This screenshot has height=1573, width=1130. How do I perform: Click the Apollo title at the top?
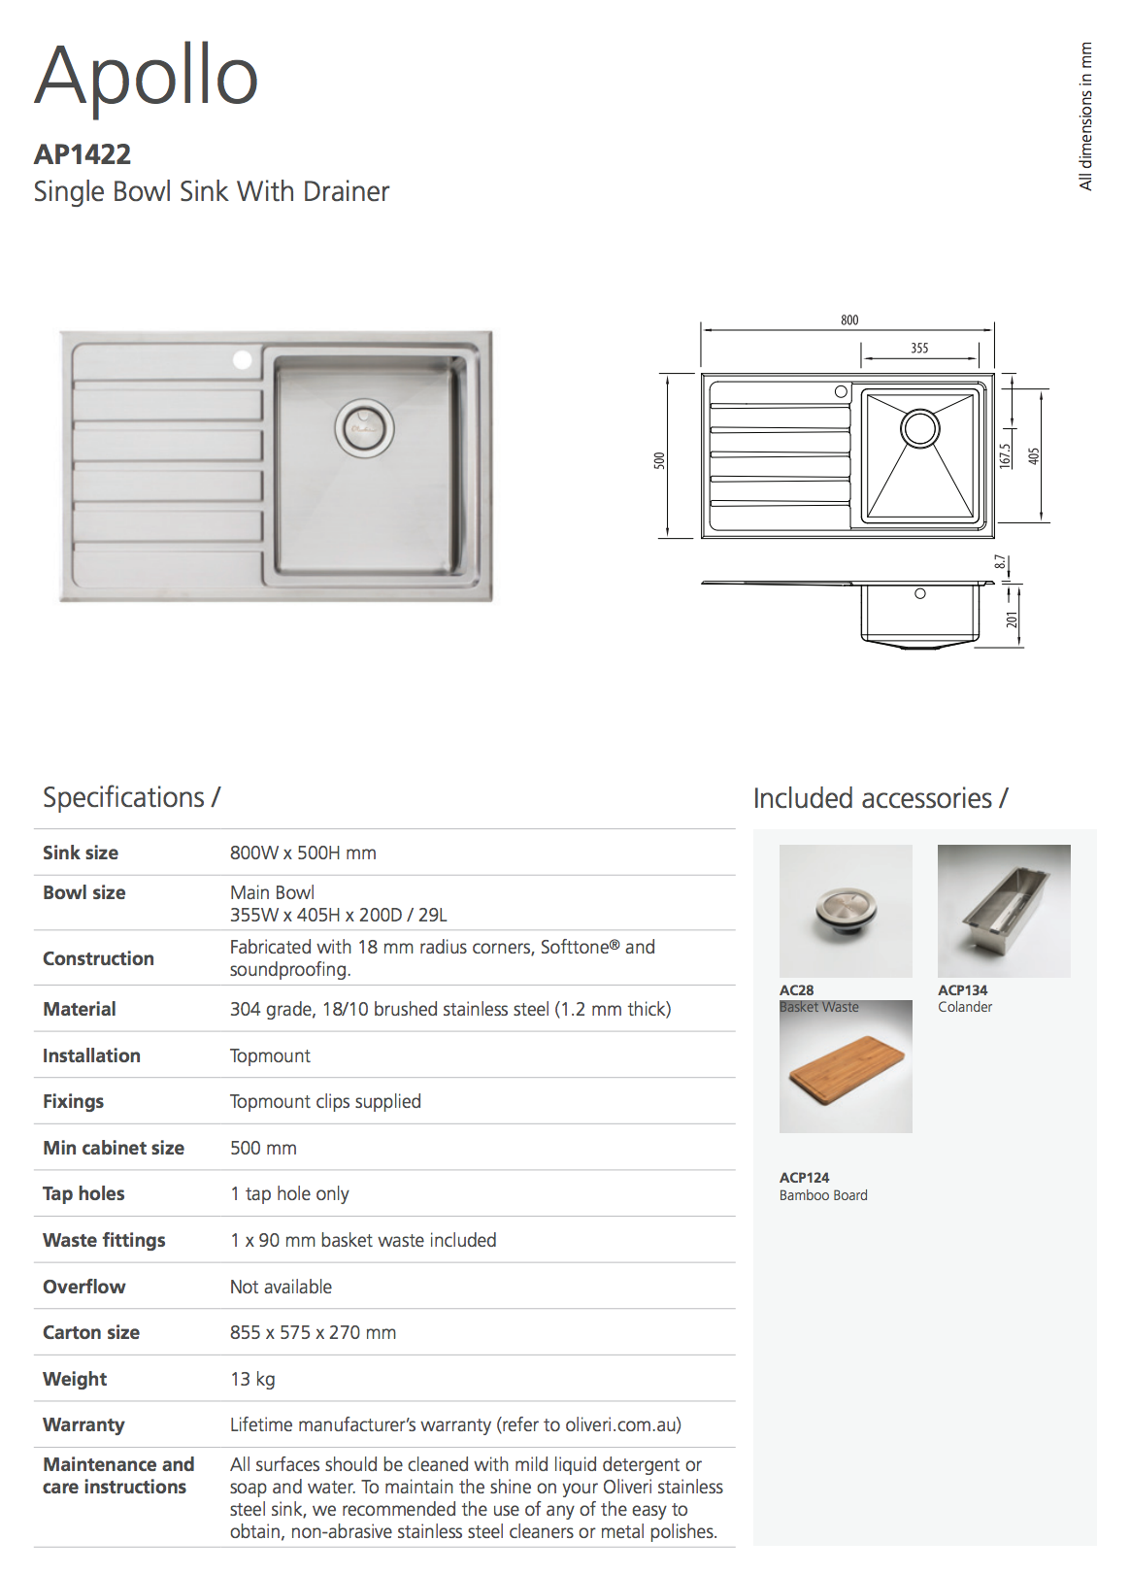click(x=147, y=75)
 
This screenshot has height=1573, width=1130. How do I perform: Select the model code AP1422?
click(x=83, y=154)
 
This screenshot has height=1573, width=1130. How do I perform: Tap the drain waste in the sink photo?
click(x=364, y=427)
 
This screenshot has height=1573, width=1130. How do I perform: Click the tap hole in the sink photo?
click(x=242, y=360)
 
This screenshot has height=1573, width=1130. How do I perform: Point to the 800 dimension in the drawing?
click(x=849, y=319)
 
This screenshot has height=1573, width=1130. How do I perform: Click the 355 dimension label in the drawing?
click(x=919, y=348)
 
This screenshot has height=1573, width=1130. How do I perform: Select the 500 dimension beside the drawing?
click(x=660, y=460)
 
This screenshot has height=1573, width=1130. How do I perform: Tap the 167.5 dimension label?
click(x=1005, y=454)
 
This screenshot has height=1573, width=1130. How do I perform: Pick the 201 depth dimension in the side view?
click(x=1013, y=619)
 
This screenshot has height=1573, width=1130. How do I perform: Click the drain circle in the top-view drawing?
click(x=919, y=427)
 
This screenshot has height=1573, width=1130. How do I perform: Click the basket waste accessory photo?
click(x=846, y=910)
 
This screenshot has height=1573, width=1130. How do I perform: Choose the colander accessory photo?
click(x=1004, y=910)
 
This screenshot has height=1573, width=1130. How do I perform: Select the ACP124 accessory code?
click(x=804, y=1177)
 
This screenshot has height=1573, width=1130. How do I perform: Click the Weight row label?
click(x=75, y=1379)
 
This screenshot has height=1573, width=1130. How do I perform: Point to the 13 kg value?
click(x=252, y=1379)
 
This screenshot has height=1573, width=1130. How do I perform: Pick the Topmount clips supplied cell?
click(x=325, y=1101)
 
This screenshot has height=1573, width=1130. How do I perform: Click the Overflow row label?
click(x=83, y=1287)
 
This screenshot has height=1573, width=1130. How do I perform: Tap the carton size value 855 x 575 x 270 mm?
click(x=313, y=1332)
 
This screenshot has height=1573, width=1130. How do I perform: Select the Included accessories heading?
click(x=880, y=798)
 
